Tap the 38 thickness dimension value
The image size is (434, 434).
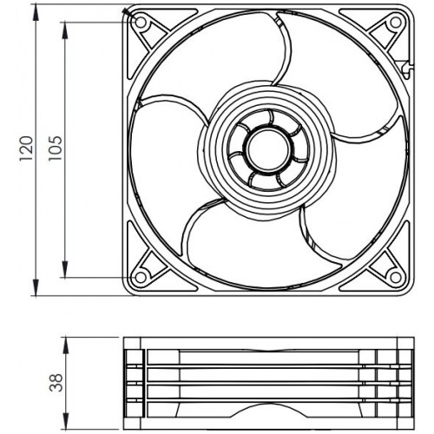point(56,382)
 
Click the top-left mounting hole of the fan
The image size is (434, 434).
point(141,23)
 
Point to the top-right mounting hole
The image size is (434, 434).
point(395,23)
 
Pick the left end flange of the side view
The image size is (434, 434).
point(133,382)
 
